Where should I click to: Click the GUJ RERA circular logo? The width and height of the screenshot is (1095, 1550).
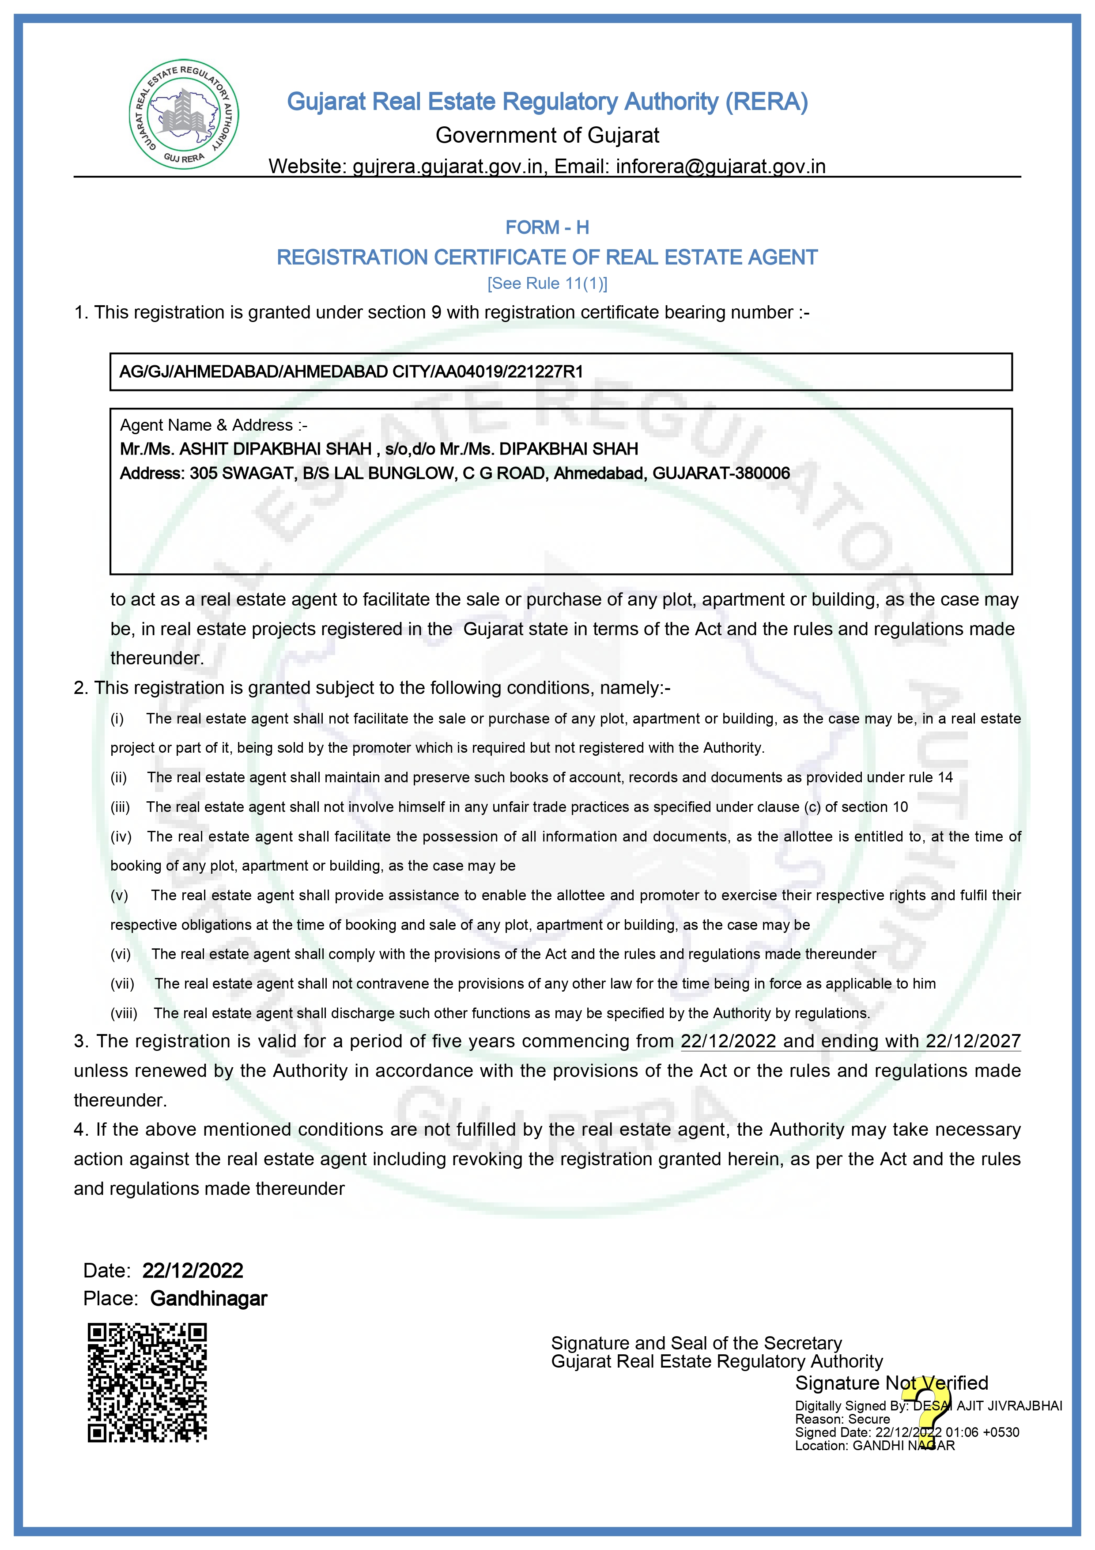tap(184, 114)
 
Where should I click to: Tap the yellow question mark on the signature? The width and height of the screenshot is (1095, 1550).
tap(932, 1410)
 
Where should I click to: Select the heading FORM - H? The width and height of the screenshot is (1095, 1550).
tap(547, 227)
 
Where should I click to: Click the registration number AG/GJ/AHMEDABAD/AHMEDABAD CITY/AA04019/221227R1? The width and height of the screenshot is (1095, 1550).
tap(351, 372)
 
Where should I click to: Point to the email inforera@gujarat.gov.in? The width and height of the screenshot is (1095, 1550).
tap(721, 166)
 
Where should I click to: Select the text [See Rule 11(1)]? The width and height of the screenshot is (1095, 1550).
tap(547, 284)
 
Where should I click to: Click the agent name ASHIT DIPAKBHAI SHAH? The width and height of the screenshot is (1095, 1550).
tap(275, 449)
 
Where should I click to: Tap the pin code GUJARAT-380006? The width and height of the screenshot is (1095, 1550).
tap(721, 473)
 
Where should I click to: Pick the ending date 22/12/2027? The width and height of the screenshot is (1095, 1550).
tap(973, 1041)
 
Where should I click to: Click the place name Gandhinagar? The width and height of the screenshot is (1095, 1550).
tap(208, 1298)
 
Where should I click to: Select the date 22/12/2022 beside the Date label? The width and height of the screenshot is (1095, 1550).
tap(193, 1270)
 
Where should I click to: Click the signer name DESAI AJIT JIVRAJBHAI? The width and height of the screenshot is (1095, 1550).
tap(987, 1406)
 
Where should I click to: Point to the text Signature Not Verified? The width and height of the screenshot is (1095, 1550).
tap(891, 1383)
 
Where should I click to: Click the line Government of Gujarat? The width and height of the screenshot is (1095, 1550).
tap(547, 135)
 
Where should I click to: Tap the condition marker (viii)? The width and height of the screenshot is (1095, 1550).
tap(124, 1013)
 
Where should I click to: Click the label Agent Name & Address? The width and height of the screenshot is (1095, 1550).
tap(213, 425)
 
